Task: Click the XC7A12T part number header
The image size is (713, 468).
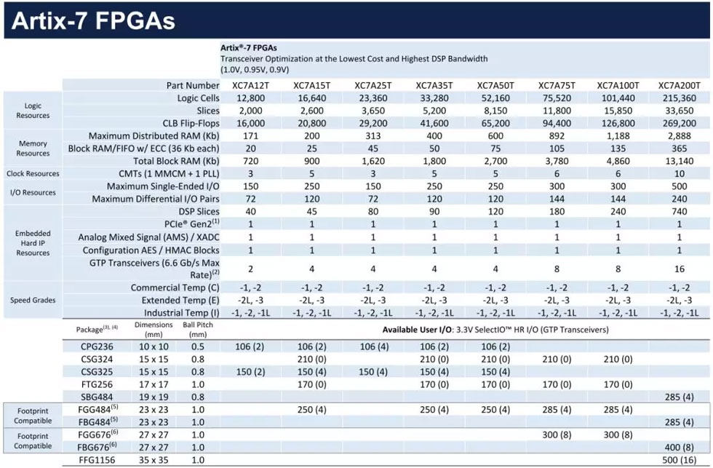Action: pyautogui.click(x=251, y=85)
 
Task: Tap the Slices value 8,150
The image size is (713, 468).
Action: pyautogui.click(x=495, y=110)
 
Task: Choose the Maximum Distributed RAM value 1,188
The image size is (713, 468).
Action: pyautogui.click(x=618, y=136)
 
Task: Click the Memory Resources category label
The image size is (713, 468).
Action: pyautogui.click(x=33, y=148)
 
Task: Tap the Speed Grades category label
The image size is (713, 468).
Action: pyautogui.click(x=33, y=300)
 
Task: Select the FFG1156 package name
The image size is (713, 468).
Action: pyautogui.click(x=97, y=460)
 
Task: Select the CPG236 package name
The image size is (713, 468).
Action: pyautogui.click(x=97, y=346)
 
